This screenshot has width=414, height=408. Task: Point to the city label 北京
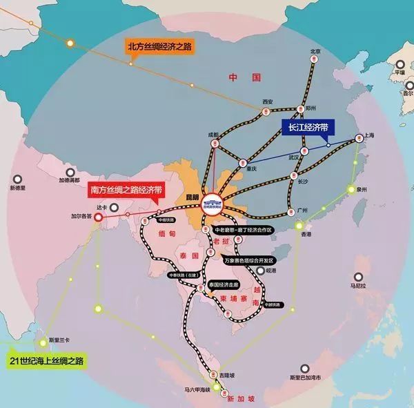pyautogui.click(x=316, y=51)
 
